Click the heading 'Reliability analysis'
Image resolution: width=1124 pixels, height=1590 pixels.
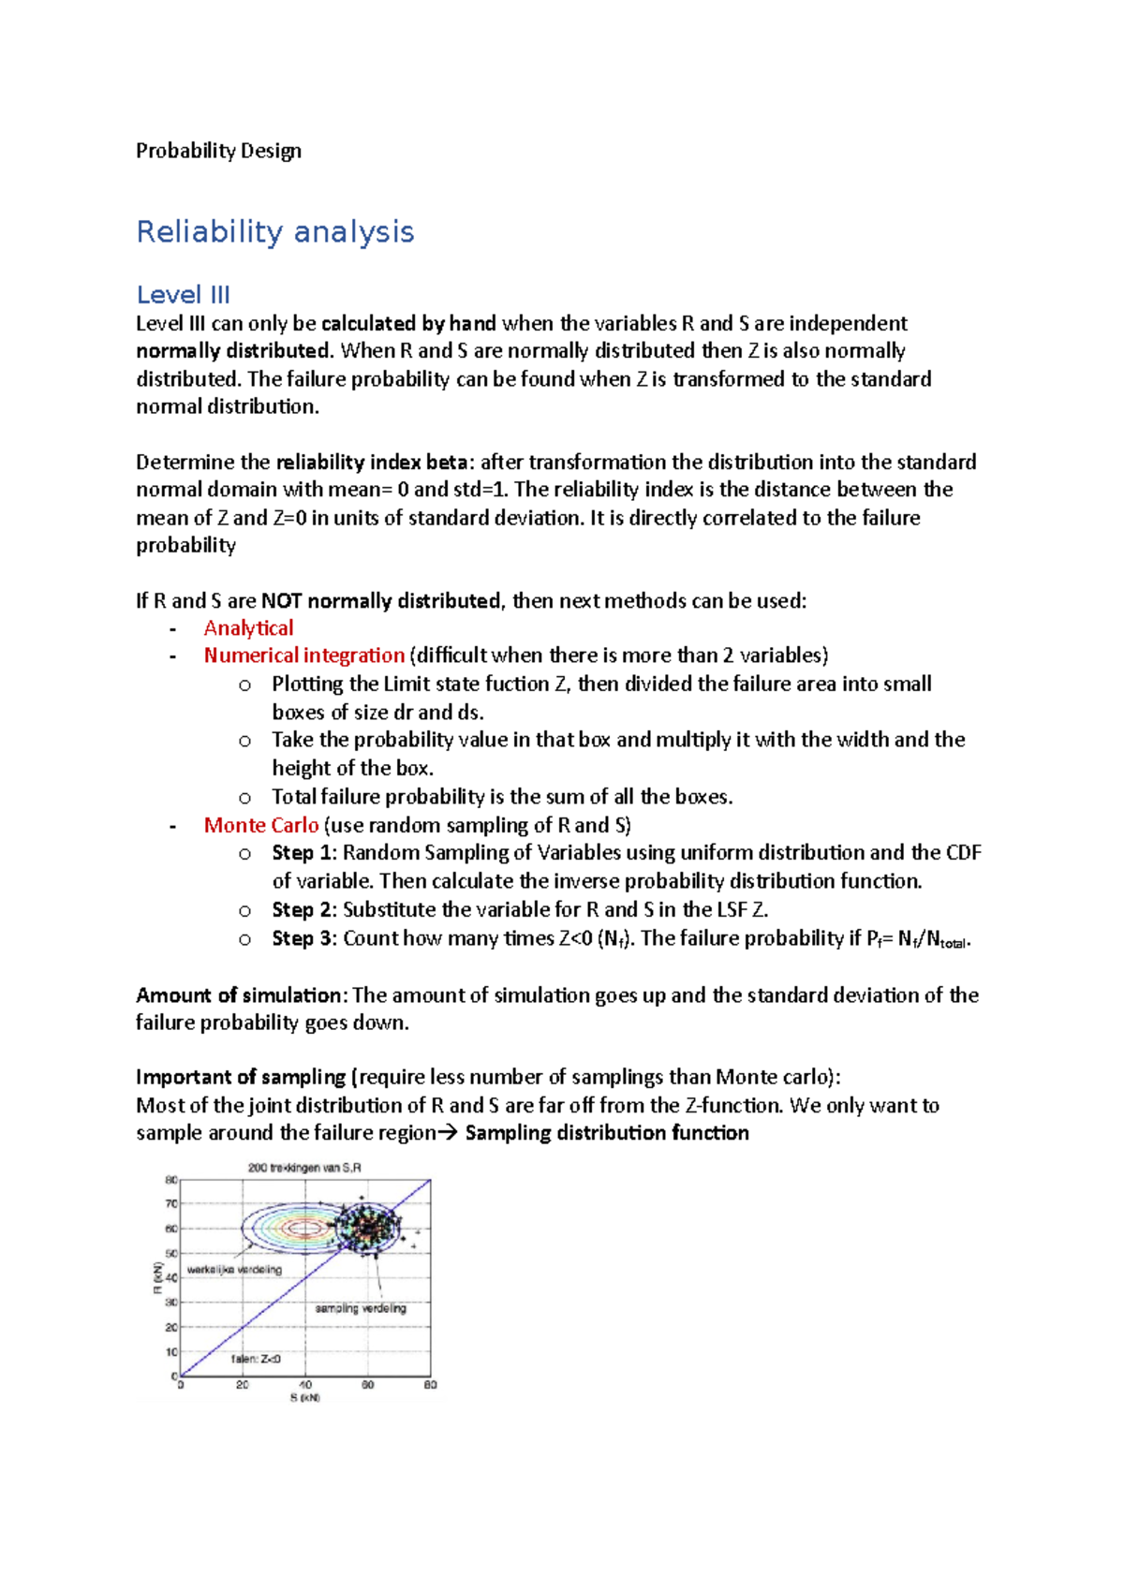[274, 231]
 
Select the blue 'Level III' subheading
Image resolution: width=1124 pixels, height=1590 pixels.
[183, 295]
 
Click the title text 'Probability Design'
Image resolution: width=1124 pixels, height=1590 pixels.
[218, 151]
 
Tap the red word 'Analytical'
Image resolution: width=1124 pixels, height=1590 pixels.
[248, 628]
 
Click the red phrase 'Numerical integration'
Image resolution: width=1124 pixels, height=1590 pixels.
[303, 655]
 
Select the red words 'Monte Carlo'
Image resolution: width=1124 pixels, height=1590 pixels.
[260, 825]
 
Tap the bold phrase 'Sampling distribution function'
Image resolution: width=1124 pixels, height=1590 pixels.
[606, 1133]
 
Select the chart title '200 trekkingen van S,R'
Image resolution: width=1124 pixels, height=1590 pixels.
[304, 1168]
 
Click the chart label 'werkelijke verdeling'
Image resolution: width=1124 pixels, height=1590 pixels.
[234, 1270]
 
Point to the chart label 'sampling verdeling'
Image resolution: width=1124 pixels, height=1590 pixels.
[361, 1308]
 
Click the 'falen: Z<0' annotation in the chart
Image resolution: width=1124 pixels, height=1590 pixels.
[256, 1359]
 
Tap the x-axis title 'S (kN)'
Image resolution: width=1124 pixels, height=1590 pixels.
[304, 1398]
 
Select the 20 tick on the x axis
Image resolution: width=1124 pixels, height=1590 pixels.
[243, 1385]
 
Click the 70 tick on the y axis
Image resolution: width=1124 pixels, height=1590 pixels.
[171, 1204]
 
